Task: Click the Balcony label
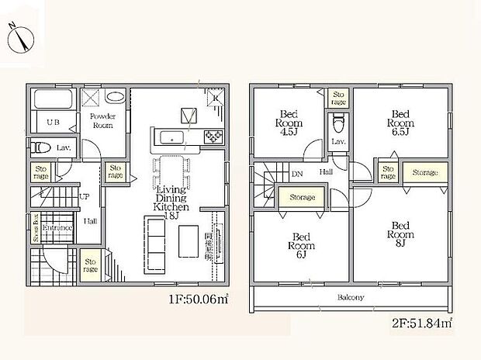pyautogui.click(x=351, y=297)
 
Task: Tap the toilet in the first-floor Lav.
pyautogui.click(x=40, y=146)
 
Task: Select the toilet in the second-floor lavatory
pyautogui.click(x=337, y=123)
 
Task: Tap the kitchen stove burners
pyautogui.click(x=213, y=137)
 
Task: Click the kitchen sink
pyautogui.click(x=171, y=138)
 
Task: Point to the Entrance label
pyautogui.click(x=57, y=228)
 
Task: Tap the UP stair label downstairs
pyautogui.click(x=84, y=197)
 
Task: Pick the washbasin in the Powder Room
pyautogui.click(x=115, y=99)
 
